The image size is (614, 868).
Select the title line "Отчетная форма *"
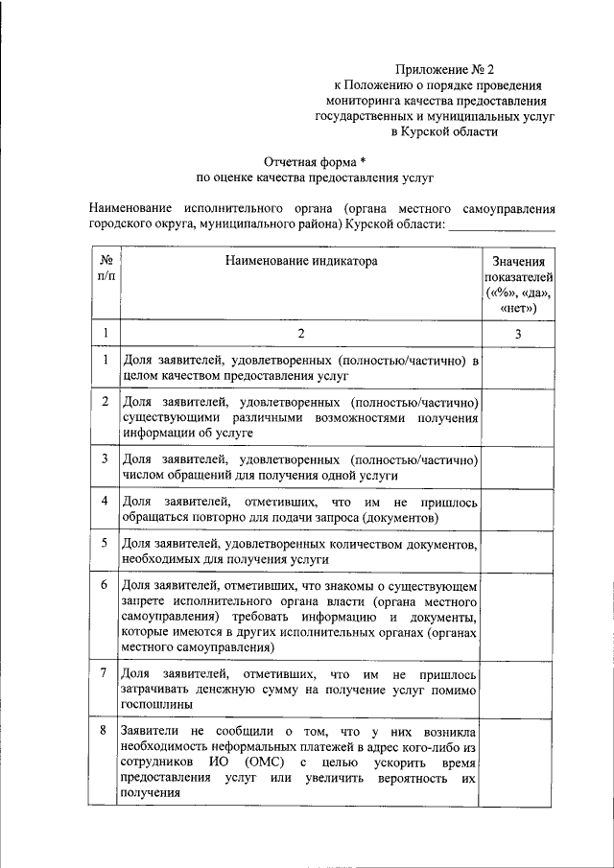[x=316, y=161]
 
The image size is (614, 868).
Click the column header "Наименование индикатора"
[x=301, y=260]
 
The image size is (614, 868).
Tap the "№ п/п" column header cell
[x=104, y=268]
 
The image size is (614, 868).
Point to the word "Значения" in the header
[x=518, y=261]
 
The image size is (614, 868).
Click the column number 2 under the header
[x=300, y=333]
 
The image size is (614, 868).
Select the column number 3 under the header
[x=518, y=333]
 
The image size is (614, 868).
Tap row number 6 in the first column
[x=104, y=583]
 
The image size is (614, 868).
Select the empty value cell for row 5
[x=518, y=551]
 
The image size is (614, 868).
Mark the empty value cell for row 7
[x=518, y=686]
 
